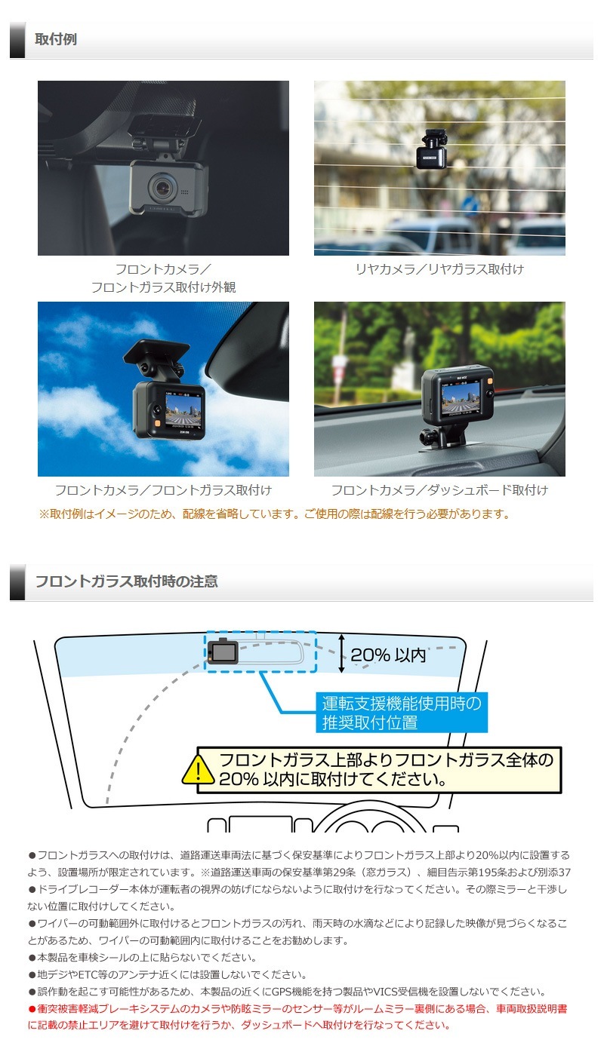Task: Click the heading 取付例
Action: click(x=56, y=39)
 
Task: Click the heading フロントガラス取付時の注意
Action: click(x=126, y=581)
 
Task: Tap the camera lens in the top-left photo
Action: click(x=160, y=185)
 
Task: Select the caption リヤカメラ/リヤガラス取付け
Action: click(x=439, y=269)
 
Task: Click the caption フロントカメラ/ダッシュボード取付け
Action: click(x=439, y=490)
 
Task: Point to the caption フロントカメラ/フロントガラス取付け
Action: click(x=163, y=490)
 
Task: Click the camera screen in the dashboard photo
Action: click(x=461, y=397)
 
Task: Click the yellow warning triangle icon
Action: click(x=197, y=769)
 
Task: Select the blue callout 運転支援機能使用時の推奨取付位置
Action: click(x=401, y=713)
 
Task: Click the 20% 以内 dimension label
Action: click(x=388, y=655)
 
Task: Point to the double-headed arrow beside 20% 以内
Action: click(x=341, y=653)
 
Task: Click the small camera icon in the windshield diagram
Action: click(x=223, y=651)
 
